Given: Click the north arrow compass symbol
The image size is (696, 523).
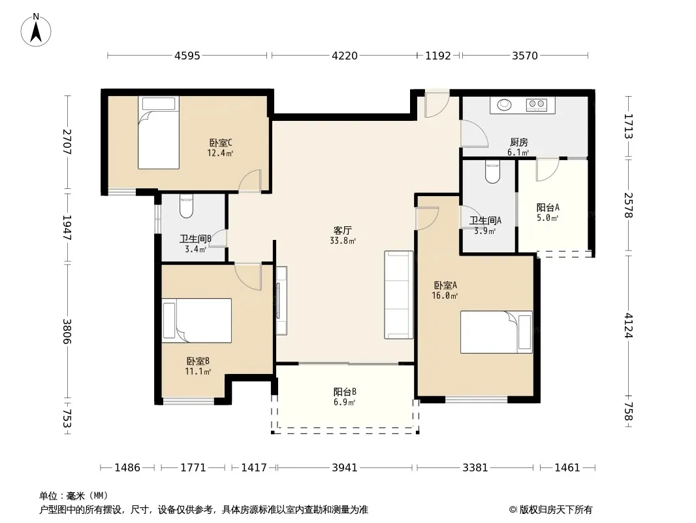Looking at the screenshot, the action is click(x=36, y=30).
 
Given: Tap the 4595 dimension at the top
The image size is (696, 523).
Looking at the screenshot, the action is click(x=187, y=56).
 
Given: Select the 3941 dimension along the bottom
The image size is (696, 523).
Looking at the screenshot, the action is click(x=345, y=467).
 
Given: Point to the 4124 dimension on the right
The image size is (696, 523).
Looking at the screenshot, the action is click(x=629, y=326).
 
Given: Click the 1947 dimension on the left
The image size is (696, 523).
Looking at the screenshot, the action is click(x=67, y=228).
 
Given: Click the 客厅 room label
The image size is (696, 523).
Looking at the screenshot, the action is click(x=343, y=230).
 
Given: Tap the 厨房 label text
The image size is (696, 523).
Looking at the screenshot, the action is click(x=519, y=143).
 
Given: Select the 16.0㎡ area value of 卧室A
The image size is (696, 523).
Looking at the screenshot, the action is click(x=445, y=295).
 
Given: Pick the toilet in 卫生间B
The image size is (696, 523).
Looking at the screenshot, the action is click(x=187, y=206).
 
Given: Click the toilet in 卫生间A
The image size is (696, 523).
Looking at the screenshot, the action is click(x=493, y=171).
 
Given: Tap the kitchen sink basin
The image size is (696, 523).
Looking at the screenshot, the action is click(x=504, y=105).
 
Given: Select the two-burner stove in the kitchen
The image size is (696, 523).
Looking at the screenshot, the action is click(x=537, y=105).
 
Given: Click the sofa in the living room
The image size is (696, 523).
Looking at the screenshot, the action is click(x=399, y=295).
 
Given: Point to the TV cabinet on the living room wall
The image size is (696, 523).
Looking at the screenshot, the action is click(x=281, y=300).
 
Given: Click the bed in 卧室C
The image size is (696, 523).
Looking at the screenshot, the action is click(x=159, y=133).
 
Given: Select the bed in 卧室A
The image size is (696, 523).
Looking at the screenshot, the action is click(x=496, y=332).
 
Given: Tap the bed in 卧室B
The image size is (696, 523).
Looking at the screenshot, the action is click(x=197, y=320).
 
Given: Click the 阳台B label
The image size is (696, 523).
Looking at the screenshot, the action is click(x=345, y=392).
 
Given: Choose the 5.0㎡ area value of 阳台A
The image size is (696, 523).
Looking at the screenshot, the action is click(x=547, y=218).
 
